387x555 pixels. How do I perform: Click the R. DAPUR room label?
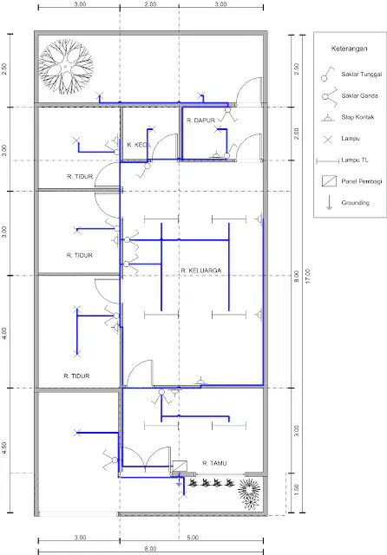pos(200,121)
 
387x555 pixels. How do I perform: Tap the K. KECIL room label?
pos(139,145)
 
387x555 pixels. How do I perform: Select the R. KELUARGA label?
pos(201,271)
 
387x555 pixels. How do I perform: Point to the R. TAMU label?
pos(214,463)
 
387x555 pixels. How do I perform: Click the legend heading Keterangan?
pos(349,49)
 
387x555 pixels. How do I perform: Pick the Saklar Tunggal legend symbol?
pos(327,75)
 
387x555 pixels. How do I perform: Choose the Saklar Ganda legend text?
pos(359,95)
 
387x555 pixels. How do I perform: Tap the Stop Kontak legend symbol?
pos(328,118)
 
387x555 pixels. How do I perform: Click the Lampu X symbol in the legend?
pos(328,139)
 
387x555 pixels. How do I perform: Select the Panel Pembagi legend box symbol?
pos(329,181)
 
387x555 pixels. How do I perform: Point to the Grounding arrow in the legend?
pos(329,203)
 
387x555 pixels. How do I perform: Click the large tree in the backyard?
pos(66,67)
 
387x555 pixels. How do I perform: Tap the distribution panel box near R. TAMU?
pos(180,466)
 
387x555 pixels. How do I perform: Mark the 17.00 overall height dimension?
pos(308,276)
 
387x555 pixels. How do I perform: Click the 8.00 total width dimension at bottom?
pos(150,549)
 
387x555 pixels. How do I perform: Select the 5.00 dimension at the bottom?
pos(193,538)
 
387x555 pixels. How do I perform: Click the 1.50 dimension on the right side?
pos(297,490)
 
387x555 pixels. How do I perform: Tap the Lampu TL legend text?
pos(355,160)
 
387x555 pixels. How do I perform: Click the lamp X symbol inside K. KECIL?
pos(152,129)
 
